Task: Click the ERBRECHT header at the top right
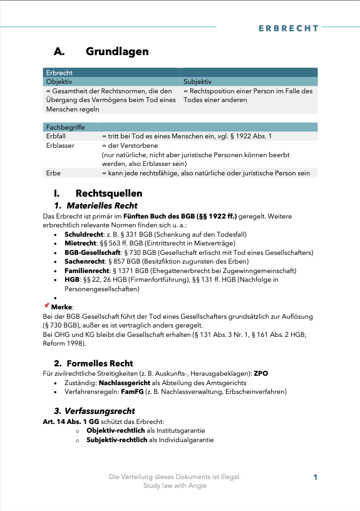pyautogui.click(x=288, y=29)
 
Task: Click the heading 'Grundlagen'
pyautogui.click(x=117, y=51)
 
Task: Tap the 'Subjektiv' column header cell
pyautogui.click(x=197, y=81)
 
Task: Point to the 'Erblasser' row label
pyautogui.click(x=60, y=145)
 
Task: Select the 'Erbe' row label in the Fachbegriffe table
pyautogui.click(x=53, y=173)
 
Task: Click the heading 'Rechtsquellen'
pyautogui.click(x=108, y=193)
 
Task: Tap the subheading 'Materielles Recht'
pyautogui.click(x=102, y=205)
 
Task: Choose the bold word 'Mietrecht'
pyautogui.click(x=80, y=244)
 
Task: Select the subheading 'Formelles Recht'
pyautogui.click(x=101, y=363)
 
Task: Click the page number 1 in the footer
pyautogui.click(x=316, y=477)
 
